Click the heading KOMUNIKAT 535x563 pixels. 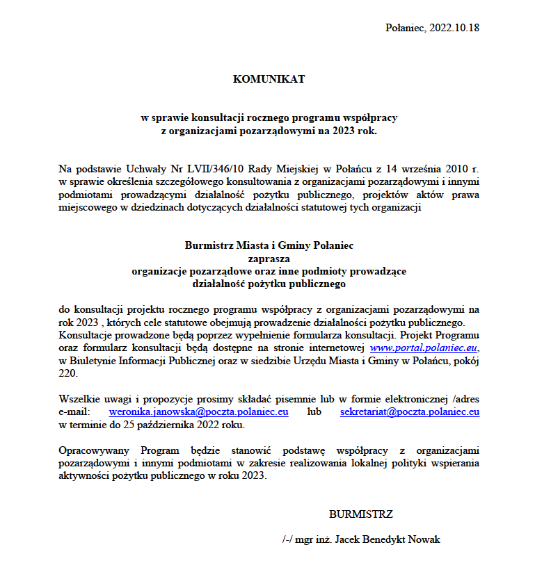269,79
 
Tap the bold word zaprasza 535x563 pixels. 268,258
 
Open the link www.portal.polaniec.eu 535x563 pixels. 424,347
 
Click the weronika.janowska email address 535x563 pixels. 199,412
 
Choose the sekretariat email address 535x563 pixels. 410,412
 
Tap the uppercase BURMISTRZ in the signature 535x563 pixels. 360,515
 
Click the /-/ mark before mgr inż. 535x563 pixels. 287,539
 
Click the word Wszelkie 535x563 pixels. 77,399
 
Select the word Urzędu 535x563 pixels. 369,360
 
